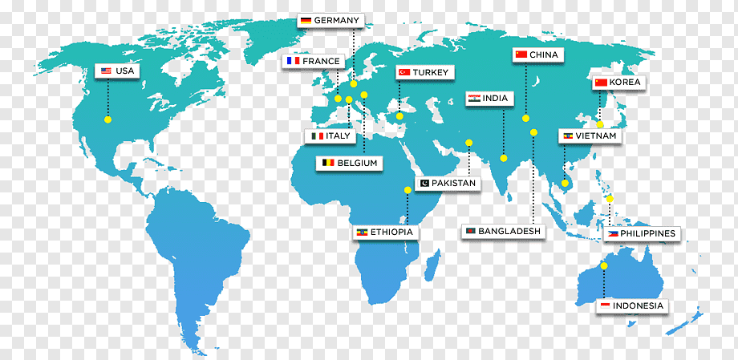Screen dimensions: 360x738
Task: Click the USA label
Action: [116, 71]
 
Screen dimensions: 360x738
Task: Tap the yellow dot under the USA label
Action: [107, 119]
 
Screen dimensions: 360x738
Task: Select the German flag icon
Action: [305, 20]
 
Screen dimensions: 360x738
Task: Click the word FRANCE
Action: [321, 61]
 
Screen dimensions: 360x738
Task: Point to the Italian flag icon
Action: [317, 136]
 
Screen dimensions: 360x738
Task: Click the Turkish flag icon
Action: [404, 72]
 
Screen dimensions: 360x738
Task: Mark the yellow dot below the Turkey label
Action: [399, 116]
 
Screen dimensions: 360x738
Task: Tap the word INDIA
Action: [496, 99]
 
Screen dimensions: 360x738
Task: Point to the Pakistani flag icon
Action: [423, 184]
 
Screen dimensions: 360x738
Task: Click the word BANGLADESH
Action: [510, 231]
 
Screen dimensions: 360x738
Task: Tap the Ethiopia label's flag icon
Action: [362, 233]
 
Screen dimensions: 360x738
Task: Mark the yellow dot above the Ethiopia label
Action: [408, 190]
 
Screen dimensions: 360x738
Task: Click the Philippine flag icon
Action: [613, 233]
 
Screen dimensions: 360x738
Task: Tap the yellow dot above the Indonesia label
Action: [604, 265]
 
